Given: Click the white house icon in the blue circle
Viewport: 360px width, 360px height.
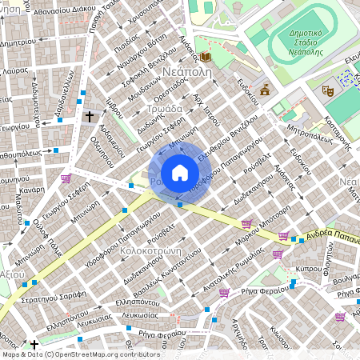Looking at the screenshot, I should click(x=180, y=173).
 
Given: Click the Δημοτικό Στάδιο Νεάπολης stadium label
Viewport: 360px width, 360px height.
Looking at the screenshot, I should click(x=303, y=37).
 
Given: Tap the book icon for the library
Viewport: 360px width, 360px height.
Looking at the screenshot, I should click(x=207, y=57).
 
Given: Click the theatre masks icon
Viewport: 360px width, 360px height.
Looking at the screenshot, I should click(x=327, y=90).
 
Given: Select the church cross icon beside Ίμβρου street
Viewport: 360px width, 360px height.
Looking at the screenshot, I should click(x=90, y=117).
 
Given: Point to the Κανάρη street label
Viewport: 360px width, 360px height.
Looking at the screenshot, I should click(x=32, y=191).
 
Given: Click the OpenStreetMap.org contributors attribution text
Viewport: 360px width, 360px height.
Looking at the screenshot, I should click(x=107, y=354).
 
